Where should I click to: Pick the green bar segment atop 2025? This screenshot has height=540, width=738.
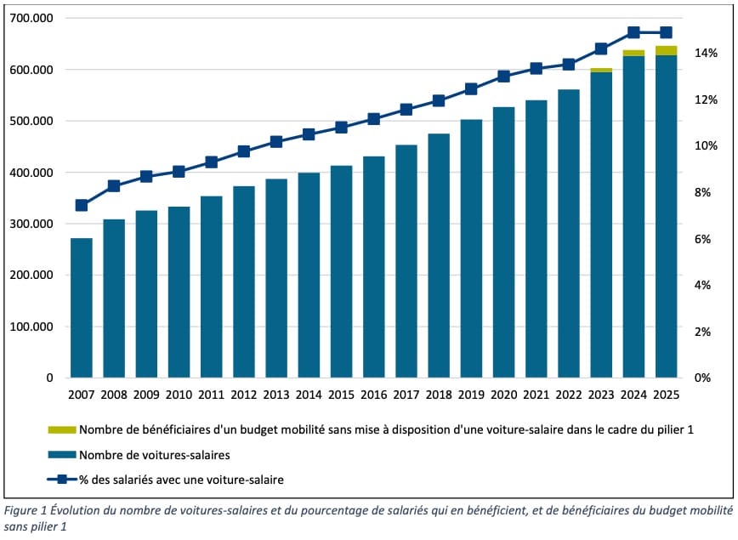[667, 50]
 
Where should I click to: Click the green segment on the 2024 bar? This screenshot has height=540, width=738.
[634, 53]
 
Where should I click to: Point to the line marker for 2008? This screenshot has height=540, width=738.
[114, 185]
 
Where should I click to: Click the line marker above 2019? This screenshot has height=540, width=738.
[472, 88]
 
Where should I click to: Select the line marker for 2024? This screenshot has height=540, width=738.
[634, 32]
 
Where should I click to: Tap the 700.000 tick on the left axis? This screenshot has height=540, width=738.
[30, 18]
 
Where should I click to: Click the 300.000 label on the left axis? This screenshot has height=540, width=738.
[30, 224]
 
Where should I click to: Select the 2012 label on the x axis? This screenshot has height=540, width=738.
[244, 395]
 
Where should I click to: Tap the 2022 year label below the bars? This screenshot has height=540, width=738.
[569, 395]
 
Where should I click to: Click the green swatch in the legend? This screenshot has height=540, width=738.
[62, 429]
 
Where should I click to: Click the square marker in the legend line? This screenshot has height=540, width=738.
[62, 480]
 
